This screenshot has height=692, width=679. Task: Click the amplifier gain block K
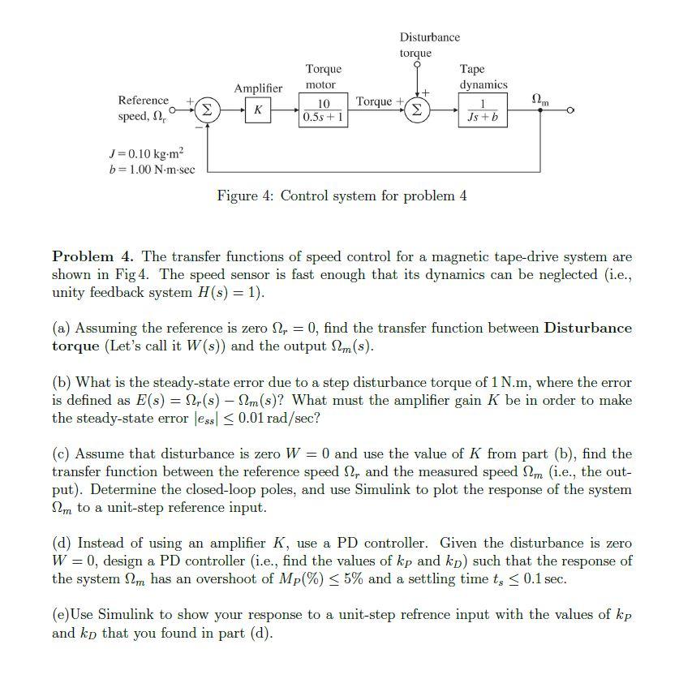(257, 110)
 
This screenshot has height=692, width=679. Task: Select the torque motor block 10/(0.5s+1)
(323, 110)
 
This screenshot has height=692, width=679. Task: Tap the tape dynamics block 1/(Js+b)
(483, 110)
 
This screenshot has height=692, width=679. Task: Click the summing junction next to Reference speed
(207, 110)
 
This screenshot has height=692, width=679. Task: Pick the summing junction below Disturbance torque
(418, 110)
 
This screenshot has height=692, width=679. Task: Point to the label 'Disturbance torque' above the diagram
(429, 45)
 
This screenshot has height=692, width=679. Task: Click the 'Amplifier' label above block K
(258, 88)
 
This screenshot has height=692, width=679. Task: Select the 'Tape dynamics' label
(483, 76)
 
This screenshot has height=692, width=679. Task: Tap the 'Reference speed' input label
(144, 109)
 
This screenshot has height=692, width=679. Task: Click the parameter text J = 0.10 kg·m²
(146, 153)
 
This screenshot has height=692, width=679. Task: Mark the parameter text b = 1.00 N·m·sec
(150, 169)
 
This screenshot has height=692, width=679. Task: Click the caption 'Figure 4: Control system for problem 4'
(342, 196)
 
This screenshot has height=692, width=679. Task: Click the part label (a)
(61, 329)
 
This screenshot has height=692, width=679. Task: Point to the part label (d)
(62, 544)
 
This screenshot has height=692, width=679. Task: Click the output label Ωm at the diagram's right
(539, 99)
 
